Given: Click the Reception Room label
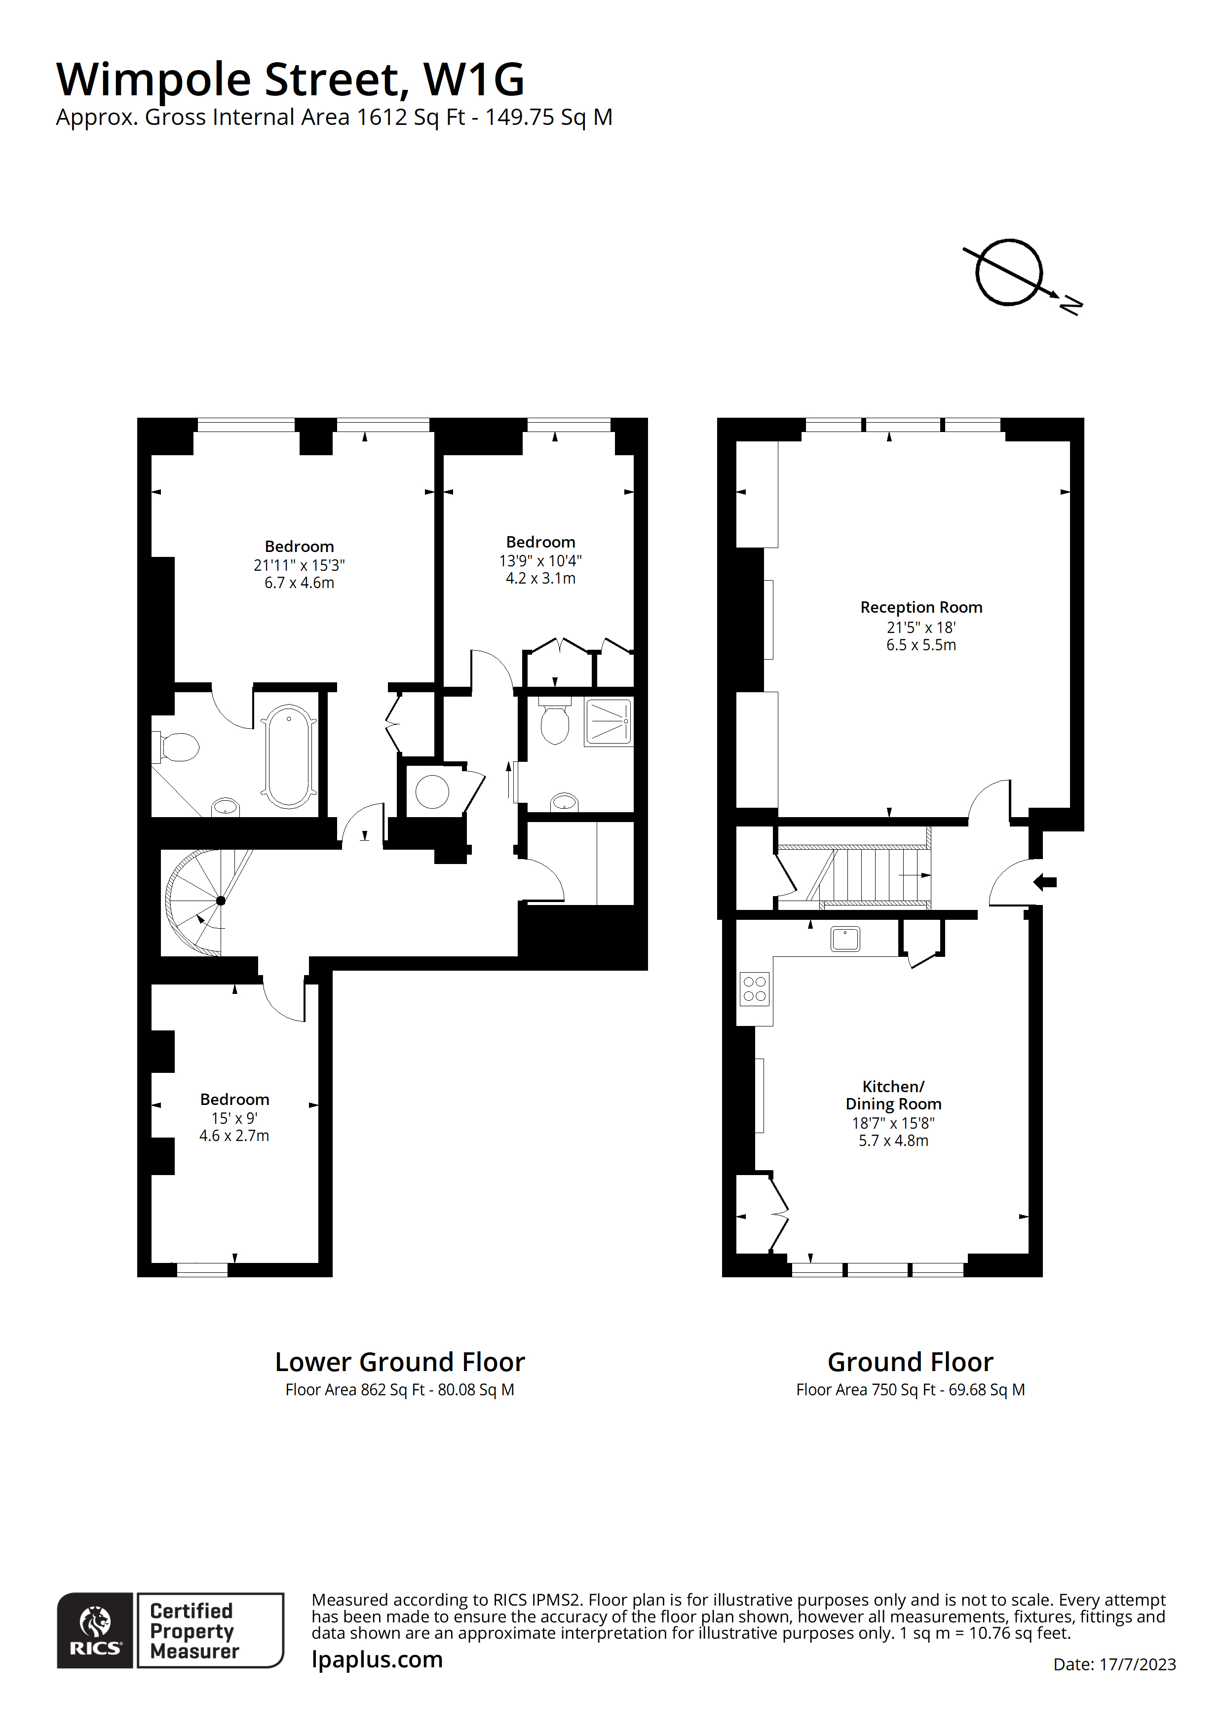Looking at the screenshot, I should coord(921,607).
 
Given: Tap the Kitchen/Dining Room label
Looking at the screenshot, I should coord(893,1095).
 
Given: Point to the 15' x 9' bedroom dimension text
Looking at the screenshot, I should coord(234,1118).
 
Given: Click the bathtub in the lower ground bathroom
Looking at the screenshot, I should coord(289,756).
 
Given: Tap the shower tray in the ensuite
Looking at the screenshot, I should coord(608,722).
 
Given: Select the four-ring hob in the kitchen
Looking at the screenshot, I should coord(754,989).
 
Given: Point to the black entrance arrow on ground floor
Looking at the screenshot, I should coord(1045,882).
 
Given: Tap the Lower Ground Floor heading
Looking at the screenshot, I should coord(400,1362).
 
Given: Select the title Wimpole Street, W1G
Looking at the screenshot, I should coord(290,79).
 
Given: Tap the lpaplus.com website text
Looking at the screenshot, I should coord(377,1659).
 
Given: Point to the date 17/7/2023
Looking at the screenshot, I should coord(1137,1664).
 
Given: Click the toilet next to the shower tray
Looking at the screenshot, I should coord(555,723).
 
